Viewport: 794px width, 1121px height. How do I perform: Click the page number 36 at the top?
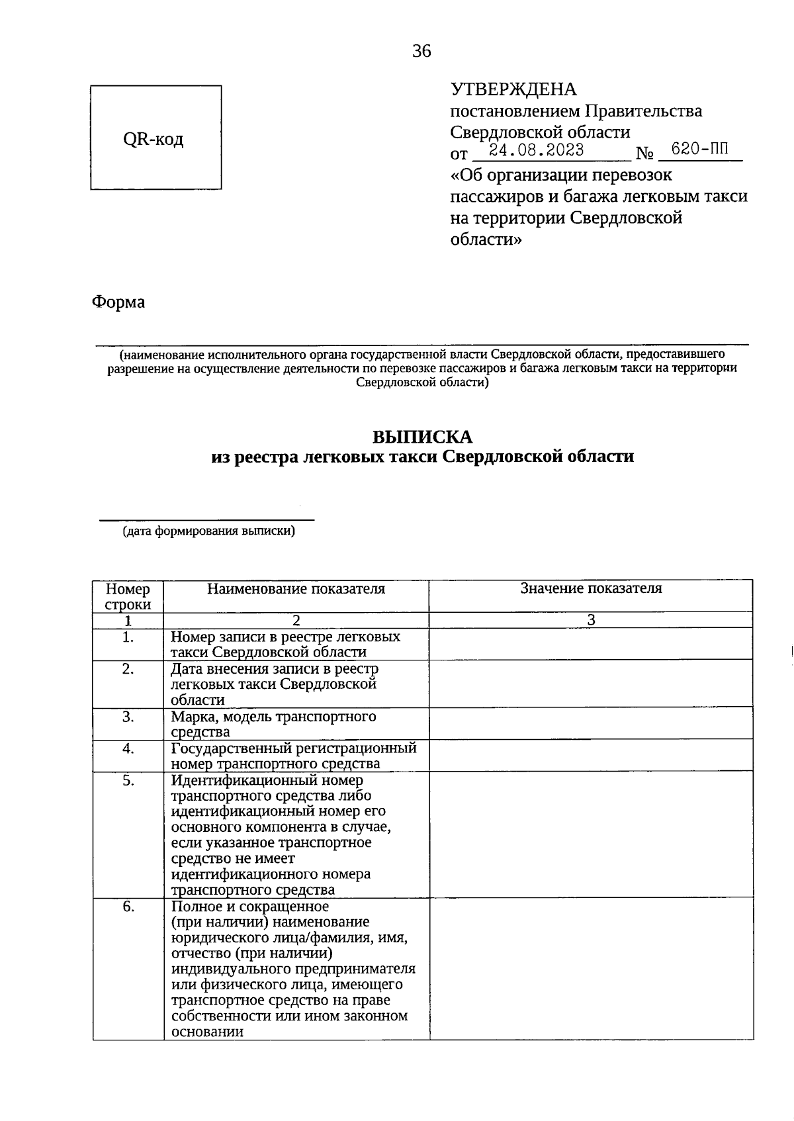point(421,51)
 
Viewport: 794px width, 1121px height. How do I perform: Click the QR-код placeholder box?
point(155,138)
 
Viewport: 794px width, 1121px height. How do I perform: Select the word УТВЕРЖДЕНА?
point(513,89)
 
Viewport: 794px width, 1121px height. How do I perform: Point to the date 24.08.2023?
point(541,151)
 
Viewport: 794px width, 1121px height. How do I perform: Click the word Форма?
point(118,302)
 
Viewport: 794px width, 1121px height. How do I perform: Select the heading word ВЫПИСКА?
point(422,437)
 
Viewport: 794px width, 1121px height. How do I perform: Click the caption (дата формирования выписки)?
point(208,531)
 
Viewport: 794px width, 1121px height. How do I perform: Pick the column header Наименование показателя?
point(296,589)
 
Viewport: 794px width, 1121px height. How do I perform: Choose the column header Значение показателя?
point(591,588)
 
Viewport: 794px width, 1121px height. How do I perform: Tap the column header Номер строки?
point(128,596)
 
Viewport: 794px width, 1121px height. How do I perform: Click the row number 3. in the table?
point(128,717)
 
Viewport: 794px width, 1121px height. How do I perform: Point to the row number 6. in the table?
point(128,907)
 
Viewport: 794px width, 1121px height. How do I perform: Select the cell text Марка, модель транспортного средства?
point(273,724)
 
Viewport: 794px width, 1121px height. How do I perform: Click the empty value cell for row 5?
point(591,834)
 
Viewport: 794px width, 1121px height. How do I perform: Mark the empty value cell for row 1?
point(591,644)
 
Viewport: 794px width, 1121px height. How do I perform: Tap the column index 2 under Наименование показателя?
point(296,621)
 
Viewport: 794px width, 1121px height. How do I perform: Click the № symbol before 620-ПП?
point(644,154)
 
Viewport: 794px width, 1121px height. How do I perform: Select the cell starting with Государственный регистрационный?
point(293,756)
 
